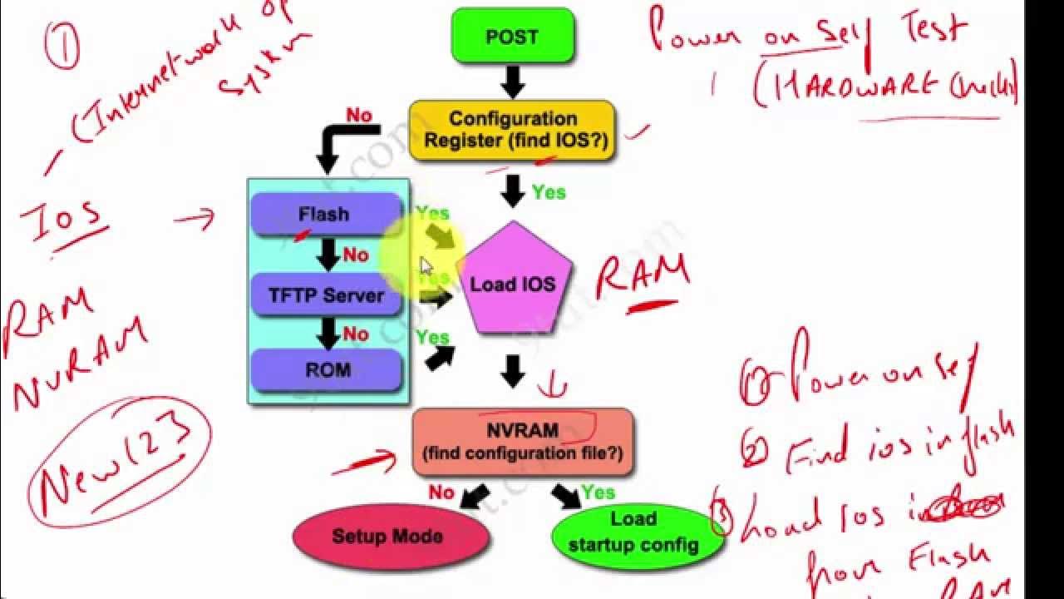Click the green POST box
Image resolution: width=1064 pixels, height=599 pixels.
512,37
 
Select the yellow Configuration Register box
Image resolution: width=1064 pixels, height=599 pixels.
512,131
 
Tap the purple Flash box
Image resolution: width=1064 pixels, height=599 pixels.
326,215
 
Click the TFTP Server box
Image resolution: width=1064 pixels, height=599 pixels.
326,295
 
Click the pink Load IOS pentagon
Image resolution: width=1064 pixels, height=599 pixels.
514,283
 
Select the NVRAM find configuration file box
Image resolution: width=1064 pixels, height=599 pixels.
522,443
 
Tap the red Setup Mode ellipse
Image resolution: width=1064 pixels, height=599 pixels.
387,537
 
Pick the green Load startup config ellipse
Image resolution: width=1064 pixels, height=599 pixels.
633,534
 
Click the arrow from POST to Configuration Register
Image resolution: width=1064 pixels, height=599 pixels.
513,82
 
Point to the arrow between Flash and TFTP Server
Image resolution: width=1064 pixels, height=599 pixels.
329,255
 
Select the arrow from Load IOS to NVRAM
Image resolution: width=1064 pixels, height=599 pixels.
513,371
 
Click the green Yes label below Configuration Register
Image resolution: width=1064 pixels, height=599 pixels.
549,192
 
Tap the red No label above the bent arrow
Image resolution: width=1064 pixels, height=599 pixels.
358,116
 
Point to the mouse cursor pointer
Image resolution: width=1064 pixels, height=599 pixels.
426,266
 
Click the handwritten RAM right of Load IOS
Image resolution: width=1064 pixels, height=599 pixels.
642,277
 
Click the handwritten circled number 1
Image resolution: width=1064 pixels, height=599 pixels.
63,45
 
